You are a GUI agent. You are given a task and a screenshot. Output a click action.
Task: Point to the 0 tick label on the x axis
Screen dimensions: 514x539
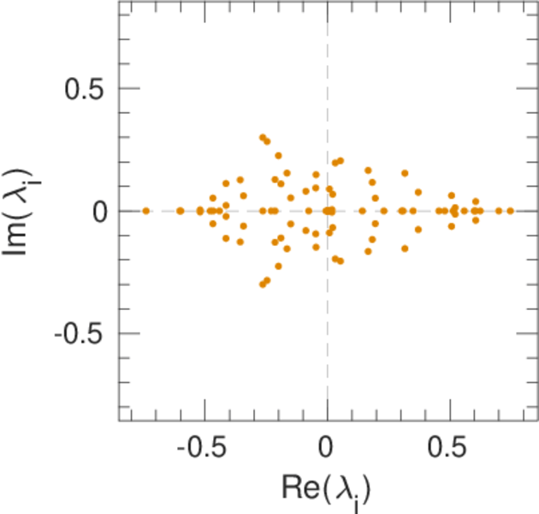(x=327, y=450)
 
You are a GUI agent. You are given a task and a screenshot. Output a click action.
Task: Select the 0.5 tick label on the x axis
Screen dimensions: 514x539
(x=449, y=450)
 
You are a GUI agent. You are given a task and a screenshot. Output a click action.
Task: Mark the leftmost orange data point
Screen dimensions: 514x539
(x=146, y=211)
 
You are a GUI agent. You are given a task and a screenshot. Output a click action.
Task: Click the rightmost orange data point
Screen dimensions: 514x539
(x=510, y=211)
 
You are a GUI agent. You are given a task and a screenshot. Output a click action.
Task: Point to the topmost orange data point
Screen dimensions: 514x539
(x=263, y=137)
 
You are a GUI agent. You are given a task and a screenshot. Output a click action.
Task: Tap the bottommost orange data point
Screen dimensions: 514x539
(x=263, y=284)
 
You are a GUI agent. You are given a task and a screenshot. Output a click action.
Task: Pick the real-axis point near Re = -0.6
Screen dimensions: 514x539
(x=181, y=211)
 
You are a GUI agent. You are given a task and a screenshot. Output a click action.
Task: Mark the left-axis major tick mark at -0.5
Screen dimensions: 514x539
(x=125, y=333)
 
